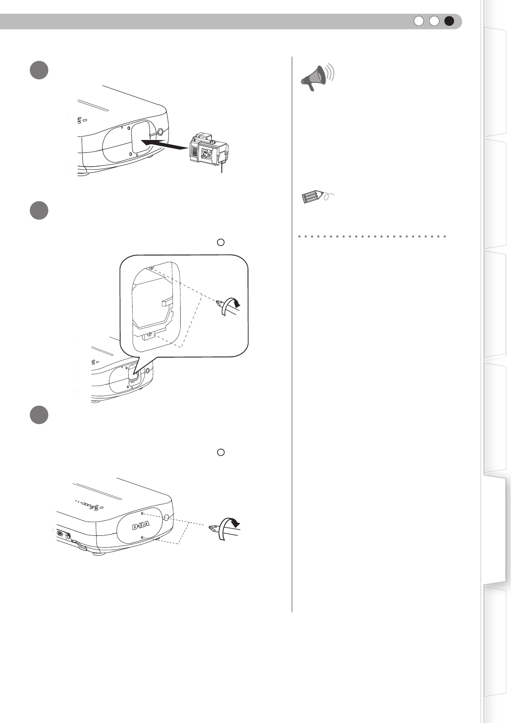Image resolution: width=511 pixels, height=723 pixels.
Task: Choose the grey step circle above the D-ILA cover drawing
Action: click(x=39, y=415)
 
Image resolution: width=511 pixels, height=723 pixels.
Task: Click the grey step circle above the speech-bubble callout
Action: click(x=39, y=210)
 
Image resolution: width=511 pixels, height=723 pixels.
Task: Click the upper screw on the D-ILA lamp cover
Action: click(x=142, y=513)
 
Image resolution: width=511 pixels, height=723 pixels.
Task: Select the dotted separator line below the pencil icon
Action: click(x=372, y=237)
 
